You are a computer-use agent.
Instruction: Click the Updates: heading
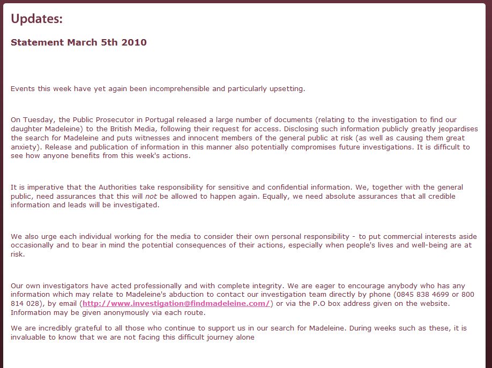36,19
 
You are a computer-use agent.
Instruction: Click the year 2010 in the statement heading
134,42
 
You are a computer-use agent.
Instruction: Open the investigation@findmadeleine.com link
176,304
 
